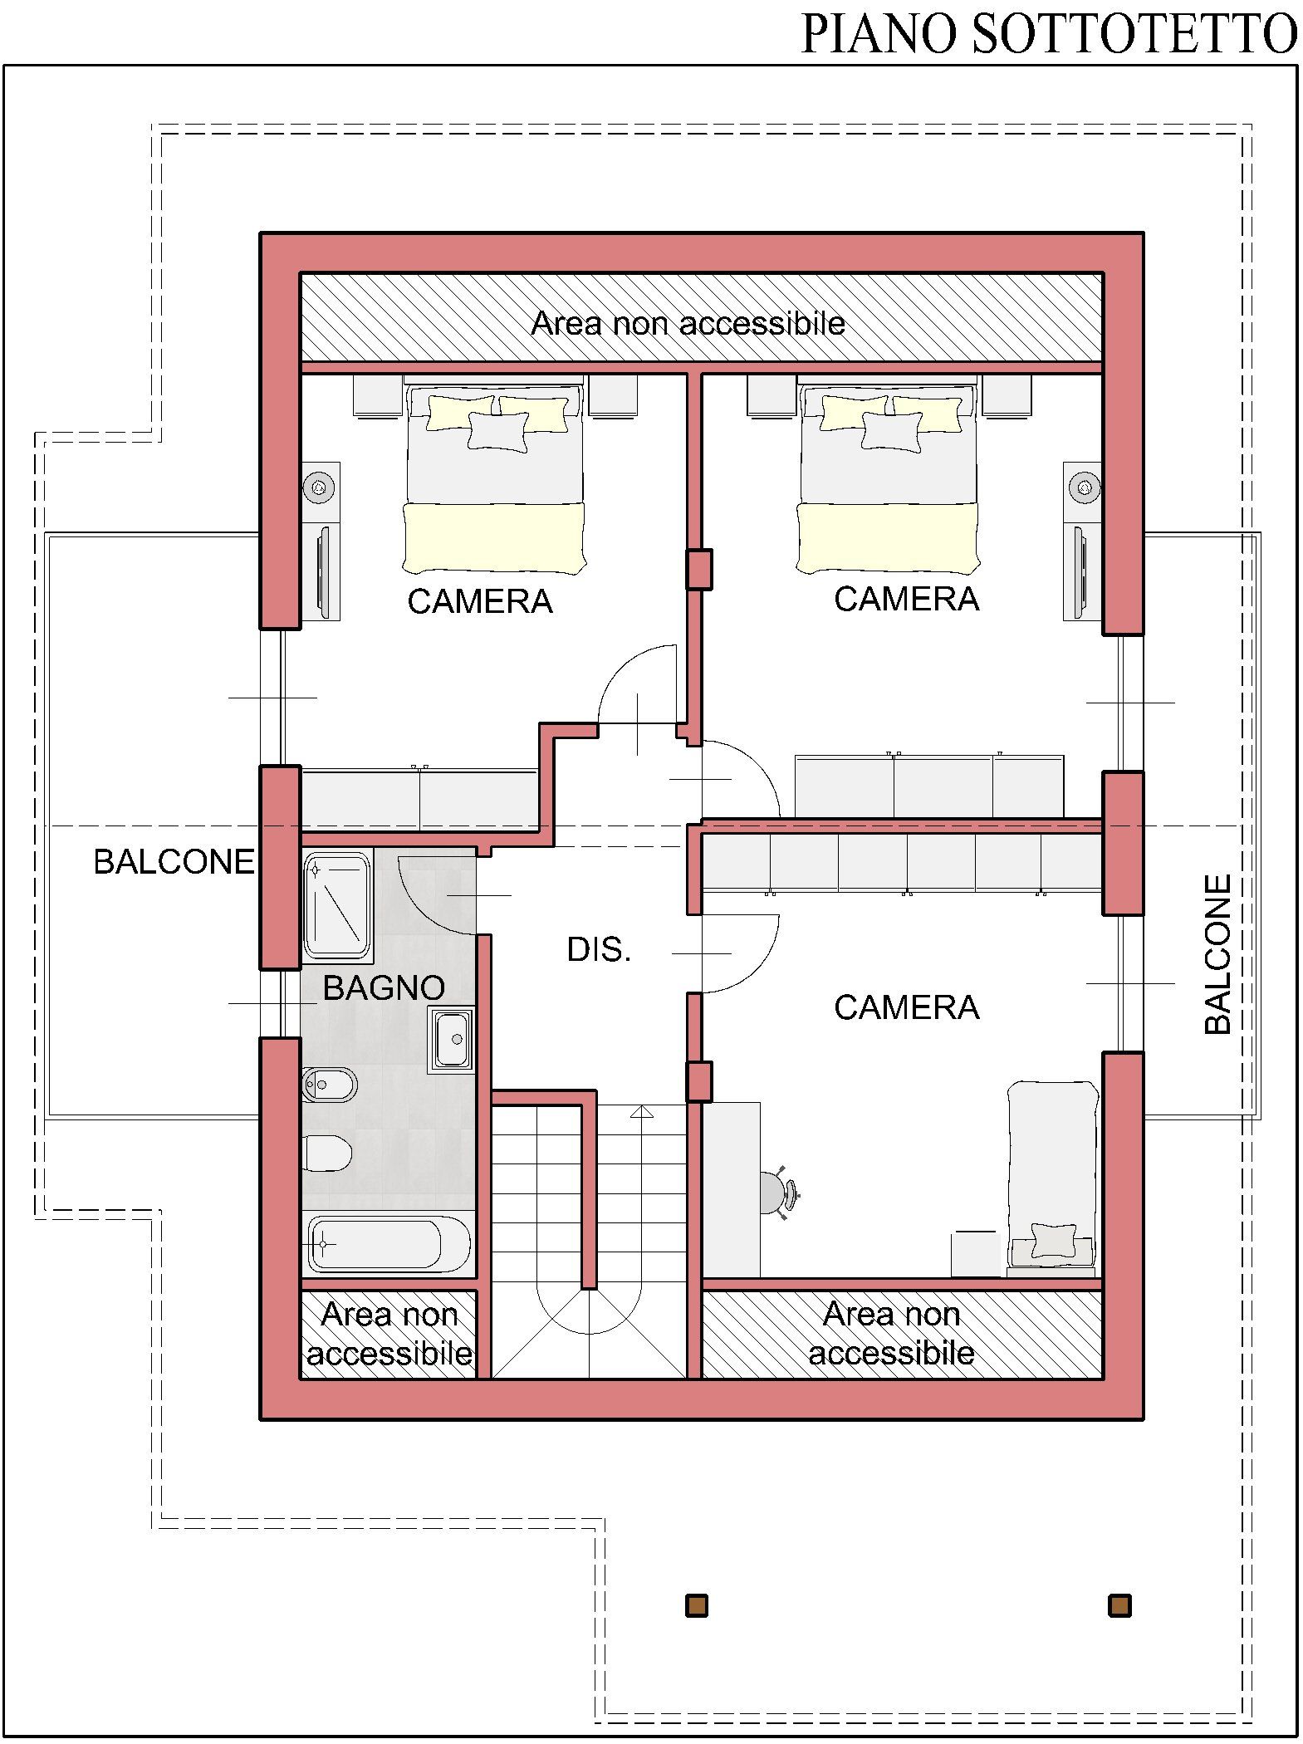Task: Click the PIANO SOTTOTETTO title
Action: (1048, 34)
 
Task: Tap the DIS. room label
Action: (599, 949)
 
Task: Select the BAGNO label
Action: (384, 987)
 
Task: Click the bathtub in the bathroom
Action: (389, 1244)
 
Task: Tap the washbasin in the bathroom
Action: (451, 1038)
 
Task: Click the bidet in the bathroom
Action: (330, 1085)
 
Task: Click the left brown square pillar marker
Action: (696, 1605)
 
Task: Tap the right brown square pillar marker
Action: (1119, 1605)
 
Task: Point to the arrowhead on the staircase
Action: (641, 1111)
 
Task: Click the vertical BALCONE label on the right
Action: (1217, 954)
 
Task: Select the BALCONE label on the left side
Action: (174, 861)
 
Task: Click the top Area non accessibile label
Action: (688, 323)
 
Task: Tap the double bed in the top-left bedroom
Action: (495, 478)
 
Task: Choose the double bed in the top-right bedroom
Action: (888, 478)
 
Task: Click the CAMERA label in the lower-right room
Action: (906, 1007)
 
